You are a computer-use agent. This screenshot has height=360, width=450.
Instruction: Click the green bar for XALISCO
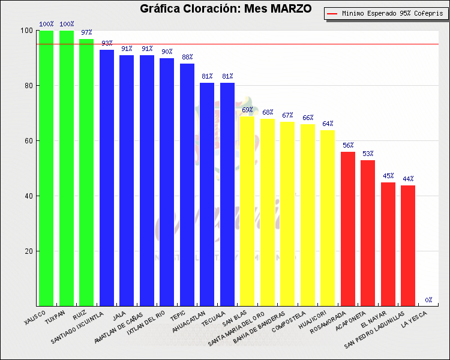46,168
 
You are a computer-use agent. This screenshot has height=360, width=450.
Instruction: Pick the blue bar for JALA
127,181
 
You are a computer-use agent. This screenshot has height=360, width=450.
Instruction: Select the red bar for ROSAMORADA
348,229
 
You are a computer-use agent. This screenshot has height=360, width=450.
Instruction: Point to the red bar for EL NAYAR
388,244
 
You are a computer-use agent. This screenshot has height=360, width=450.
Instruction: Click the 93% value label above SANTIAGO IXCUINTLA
107,43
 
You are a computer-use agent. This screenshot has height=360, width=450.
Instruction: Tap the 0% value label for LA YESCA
429,300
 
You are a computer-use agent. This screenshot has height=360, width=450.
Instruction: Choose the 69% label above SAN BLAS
247,110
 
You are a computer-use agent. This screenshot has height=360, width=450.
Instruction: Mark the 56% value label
348,145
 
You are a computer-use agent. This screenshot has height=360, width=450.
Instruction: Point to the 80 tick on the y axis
28,86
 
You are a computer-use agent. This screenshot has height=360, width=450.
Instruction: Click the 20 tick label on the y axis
28,251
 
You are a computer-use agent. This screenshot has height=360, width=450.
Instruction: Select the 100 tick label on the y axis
26,31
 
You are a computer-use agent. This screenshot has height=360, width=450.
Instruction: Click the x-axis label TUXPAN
55,314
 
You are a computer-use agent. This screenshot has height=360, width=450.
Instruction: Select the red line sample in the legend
333,13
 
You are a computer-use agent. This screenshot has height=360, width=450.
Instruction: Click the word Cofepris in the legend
427,13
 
